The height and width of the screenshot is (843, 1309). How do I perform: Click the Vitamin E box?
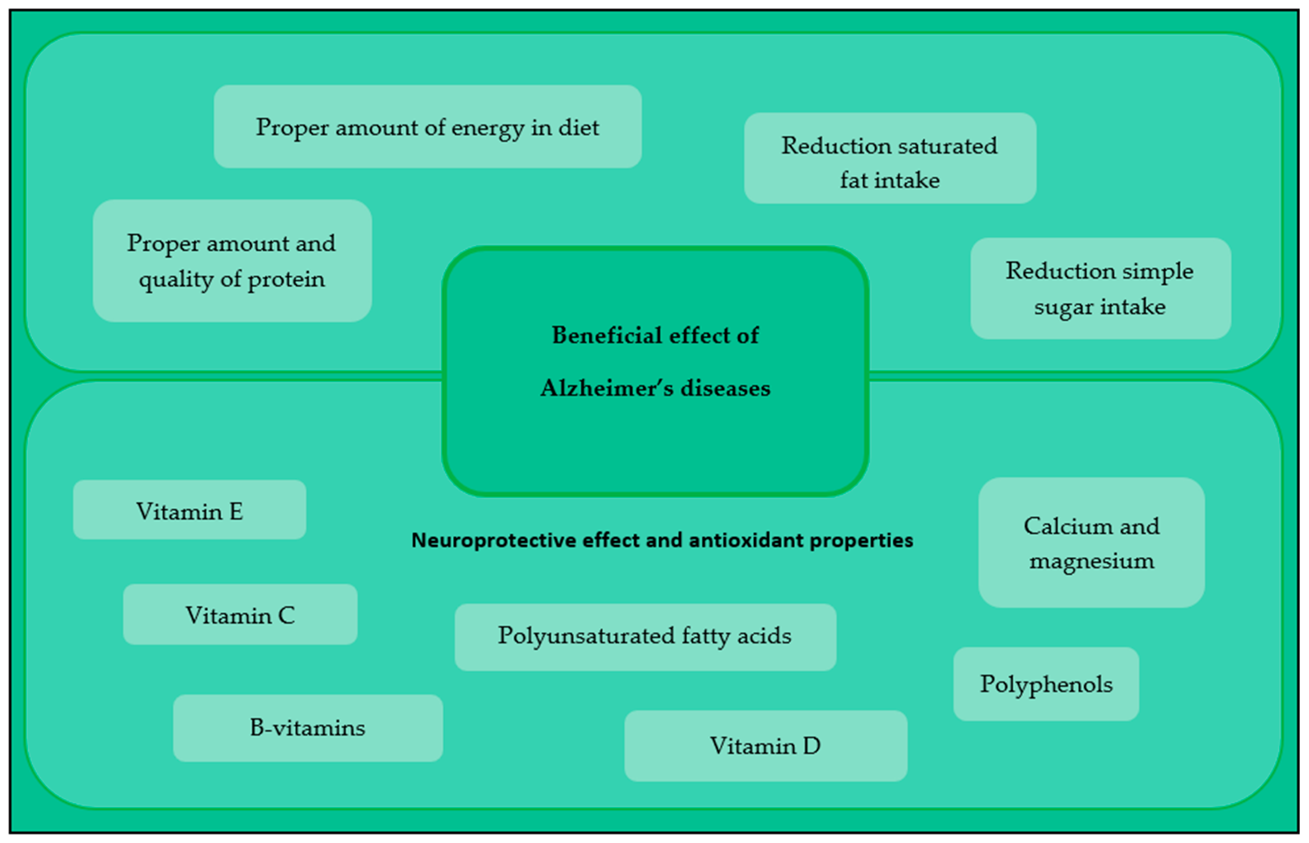(189, 510)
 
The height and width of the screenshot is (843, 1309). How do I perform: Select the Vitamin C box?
(240, 614)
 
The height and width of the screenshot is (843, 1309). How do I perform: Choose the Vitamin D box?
(765, 745)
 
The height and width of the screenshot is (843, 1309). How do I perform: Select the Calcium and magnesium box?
(1091, 543)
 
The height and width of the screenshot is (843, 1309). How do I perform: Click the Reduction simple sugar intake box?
(1100, 288)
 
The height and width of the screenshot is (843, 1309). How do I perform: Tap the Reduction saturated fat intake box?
(890, 158)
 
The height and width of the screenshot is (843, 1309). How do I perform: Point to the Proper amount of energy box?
(427, 127)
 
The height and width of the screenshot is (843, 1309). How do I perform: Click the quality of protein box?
(232, 260)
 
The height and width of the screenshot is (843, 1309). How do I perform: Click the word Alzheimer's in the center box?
(607, 388)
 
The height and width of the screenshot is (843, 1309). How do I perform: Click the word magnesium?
(1091, 561)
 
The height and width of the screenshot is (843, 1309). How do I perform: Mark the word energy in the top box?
(487, 128)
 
